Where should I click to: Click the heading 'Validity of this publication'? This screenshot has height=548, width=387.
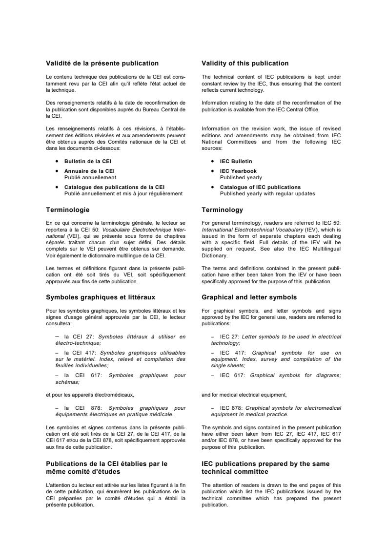click(245, 63)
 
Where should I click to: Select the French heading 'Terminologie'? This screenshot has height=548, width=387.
click(68, 210)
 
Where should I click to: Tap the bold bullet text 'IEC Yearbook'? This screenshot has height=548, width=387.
click(236, 171)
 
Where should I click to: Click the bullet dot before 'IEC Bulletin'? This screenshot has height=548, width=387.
click(213, 162)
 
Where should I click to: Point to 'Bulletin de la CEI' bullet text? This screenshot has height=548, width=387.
click(91, 161)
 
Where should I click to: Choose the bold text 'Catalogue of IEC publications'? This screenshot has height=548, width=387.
click(260, 187)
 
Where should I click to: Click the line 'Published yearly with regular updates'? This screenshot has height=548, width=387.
click(267, 193)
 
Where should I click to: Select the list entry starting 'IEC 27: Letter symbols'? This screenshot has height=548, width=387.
click(276, 339)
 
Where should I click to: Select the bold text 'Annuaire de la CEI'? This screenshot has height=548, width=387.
click(89, 171)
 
